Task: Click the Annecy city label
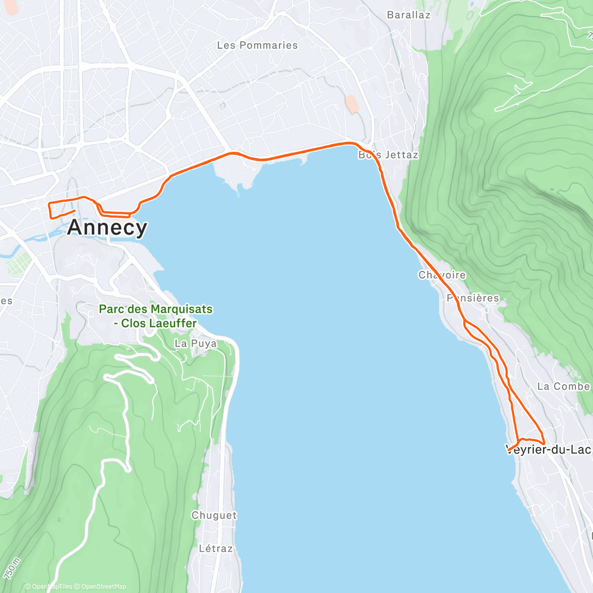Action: pos(107,227)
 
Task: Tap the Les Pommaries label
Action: pos(257,45)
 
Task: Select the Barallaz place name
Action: pos(409,15)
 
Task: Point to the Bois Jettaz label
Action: pos(388,155)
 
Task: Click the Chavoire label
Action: pos(442,275)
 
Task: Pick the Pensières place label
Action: pos(473,298)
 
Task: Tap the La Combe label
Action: pos(563,386)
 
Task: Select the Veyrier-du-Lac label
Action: pos(549,450)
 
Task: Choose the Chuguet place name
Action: pos(214,515)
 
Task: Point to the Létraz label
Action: pos(215,549)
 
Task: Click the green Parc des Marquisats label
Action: pos(156,309)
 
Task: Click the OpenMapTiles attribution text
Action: pos(48,587)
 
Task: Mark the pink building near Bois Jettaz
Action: pos(352,104)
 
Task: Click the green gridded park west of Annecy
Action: pos(19,265)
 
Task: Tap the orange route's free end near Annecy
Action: pos(74,211)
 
